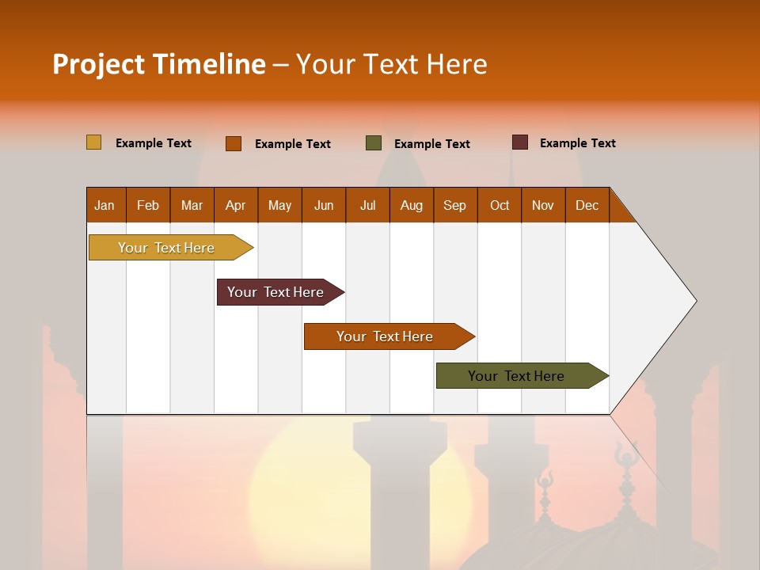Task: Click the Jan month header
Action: [x=104, y=205]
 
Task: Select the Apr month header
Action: [x=235, y=205]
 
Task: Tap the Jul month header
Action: [x=367, y=205]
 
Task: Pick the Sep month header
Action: [x=454, y=205]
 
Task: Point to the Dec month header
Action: [x=587, y=205]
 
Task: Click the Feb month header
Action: [x=148, y=205]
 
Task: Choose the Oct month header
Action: [x=500, y=205]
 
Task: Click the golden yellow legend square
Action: [x=93, y=142]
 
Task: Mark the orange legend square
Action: [x=234, y=143]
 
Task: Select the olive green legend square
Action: [x=374, y=142]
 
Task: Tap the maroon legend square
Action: [x=520, y=142]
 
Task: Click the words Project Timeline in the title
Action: [x=159, y=64]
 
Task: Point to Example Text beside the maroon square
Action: [x=577, y=143]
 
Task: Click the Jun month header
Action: [x=324, y=205]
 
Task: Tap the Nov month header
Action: [x=543, y=205]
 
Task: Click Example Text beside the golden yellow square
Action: [x=154, y=143]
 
